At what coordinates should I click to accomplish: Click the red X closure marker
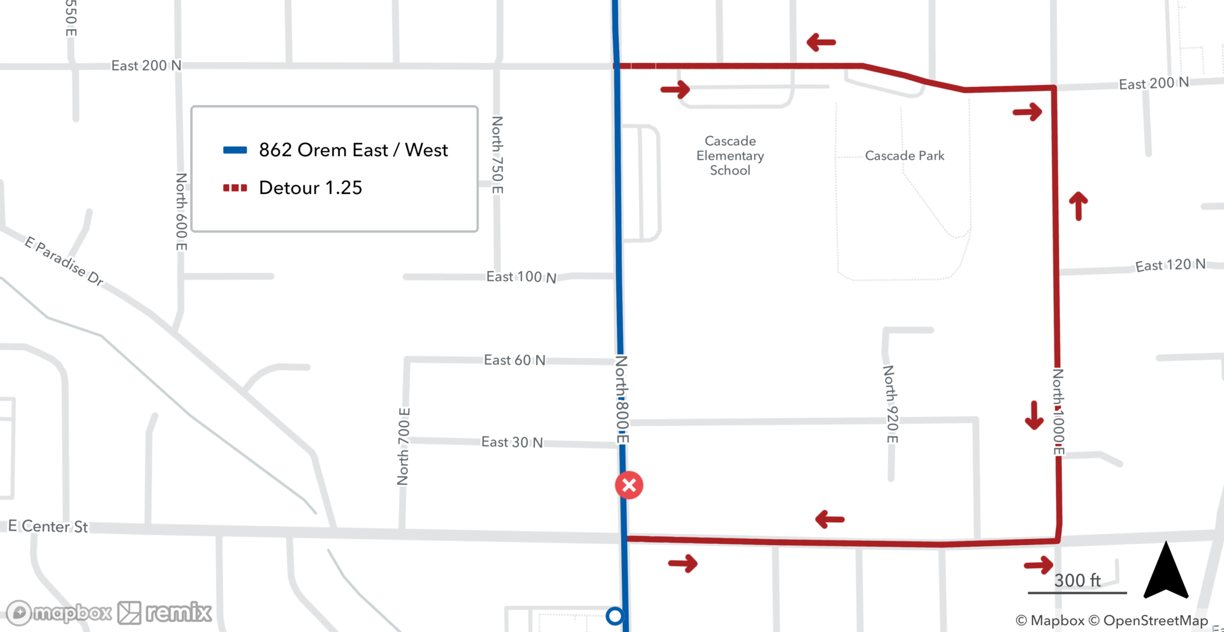pos(629,486)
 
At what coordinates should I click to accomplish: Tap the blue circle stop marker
pos(614,615)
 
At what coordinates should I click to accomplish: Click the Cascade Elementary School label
pos(730,156)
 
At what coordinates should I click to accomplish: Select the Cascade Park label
pos(905,156)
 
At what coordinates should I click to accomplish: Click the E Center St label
pos(48,526)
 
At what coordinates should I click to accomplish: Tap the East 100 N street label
pos(521,277)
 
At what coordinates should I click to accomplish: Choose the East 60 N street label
pos(515,360)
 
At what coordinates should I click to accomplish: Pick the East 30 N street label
pos(512,442)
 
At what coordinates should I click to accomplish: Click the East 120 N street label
pos(1170,265)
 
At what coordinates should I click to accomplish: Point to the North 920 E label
pos(890,404)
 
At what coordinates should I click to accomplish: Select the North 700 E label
pos(403,447)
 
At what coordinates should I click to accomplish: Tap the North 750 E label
pos(498,155)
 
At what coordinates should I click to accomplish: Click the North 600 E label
pos(181,212)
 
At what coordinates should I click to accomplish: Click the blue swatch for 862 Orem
pos(235,150)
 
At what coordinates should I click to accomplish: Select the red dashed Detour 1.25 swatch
pos(235,188)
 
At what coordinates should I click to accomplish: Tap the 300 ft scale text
pos(1077,580)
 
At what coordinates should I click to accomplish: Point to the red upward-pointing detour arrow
pos(1078,206)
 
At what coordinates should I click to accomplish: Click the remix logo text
pos(178,612)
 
